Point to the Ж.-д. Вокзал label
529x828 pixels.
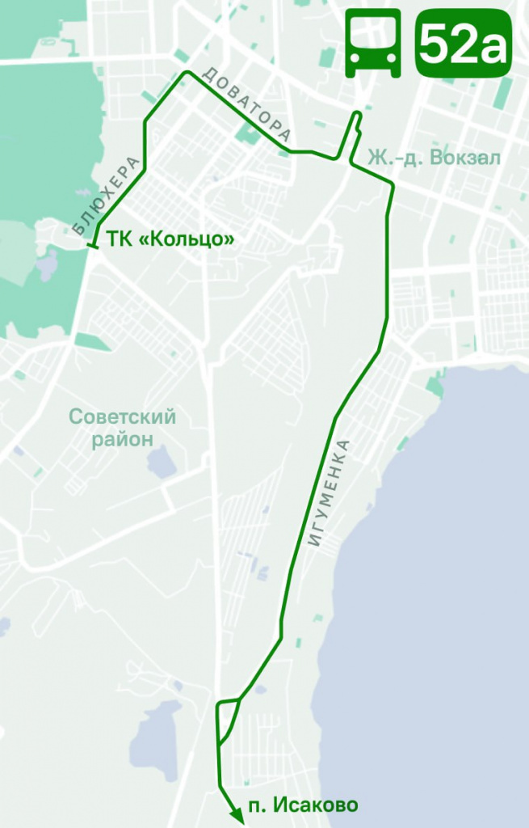[x=435, y=157]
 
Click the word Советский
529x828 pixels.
[x=122, y=417]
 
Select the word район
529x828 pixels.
[x=122, y=439]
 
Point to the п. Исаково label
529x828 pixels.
[x=304, y=805]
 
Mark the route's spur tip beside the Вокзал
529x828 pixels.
[x=358, y=115]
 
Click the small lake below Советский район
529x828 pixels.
[x=161, y=462]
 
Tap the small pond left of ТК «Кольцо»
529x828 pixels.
[x=47, y=264]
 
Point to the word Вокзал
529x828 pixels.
[x=467, y=157]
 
